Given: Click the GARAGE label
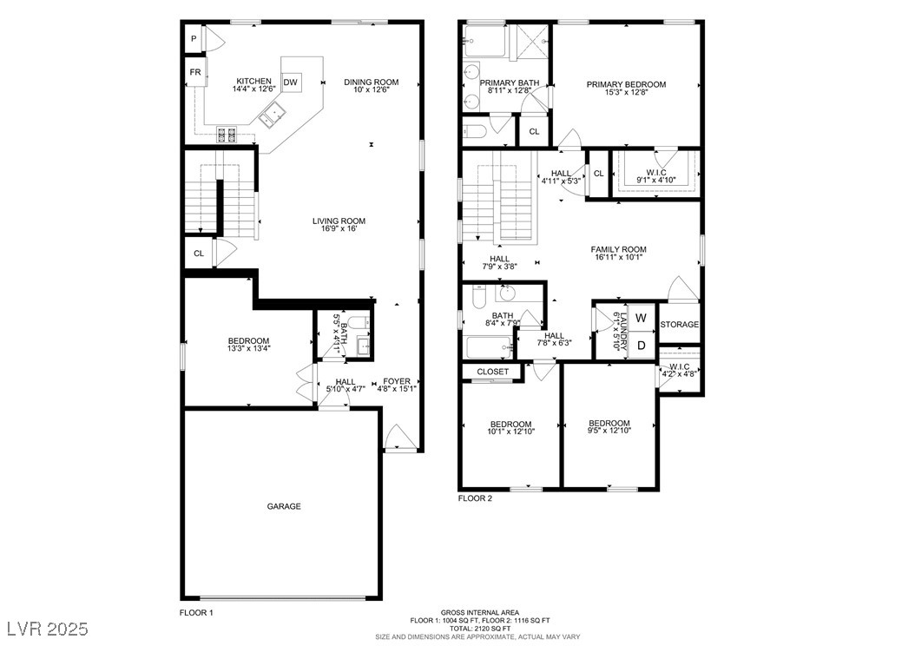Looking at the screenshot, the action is [284, 506].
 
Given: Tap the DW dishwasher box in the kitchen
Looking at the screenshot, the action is [291, 82].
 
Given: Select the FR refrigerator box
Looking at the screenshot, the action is [195, 72].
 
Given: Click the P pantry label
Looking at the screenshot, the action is [194, 39].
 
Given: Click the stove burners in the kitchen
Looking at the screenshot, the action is [227, 135].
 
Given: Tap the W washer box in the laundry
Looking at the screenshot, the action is [642, 318].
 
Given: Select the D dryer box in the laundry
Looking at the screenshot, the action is [642, 346].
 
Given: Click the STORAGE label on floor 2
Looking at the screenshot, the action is [679, 325].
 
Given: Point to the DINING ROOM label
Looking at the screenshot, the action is [372, 82].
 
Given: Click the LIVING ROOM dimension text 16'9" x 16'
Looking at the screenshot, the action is [339, 228].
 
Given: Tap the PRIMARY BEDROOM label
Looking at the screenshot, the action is [626, 84].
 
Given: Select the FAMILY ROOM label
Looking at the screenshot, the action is [619, 249].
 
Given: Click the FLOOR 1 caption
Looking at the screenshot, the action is [196, 613].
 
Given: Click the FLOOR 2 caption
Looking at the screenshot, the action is [475, 498].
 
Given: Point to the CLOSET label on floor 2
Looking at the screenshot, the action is [492, 372].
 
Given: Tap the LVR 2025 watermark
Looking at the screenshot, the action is [48, 629].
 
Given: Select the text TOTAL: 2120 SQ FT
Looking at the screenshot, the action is [480, 629].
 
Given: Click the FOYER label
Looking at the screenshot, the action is [397, 381].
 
